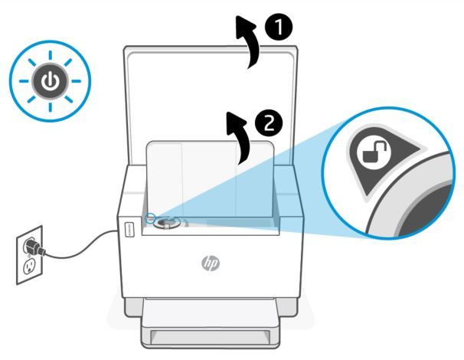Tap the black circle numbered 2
click(x=267, y=121)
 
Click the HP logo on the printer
click(x=210, y=263)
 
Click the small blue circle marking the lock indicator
click(x=151, y=217)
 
